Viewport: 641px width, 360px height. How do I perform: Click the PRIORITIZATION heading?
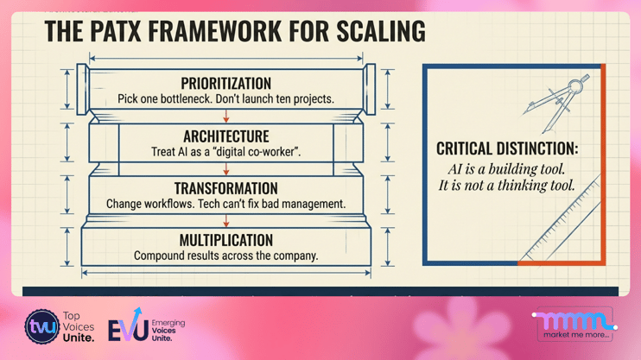[225, 84]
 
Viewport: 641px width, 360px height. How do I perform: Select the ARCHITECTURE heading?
[225, 136]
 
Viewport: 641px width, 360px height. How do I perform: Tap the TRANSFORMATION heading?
[225, 188]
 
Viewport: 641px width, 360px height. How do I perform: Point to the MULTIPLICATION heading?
[225, 240]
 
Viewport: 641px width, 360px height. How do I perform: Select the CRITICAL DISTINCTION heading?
[507, 149]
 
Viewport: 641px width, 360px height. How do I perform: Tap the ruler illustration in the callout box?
[562, 220]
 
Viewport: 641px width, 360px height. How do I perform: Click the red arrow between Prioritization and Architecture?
[226, 116]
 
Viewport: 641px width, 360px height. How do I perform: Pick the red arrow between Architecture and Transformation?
[226, 168]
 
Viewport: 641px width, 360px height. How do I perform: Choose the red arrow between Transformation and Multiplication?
[226, 220]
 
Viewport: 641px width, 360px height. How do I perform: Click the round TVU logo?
[41, 327]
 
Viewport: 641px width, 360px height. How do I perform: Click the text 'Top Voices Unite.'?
[80, 327]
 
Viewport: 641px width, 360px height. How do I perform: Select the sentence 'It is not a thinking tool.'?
[506, 186]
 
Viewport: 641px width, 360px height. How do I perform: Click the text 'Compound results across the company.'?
[225, 256]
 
